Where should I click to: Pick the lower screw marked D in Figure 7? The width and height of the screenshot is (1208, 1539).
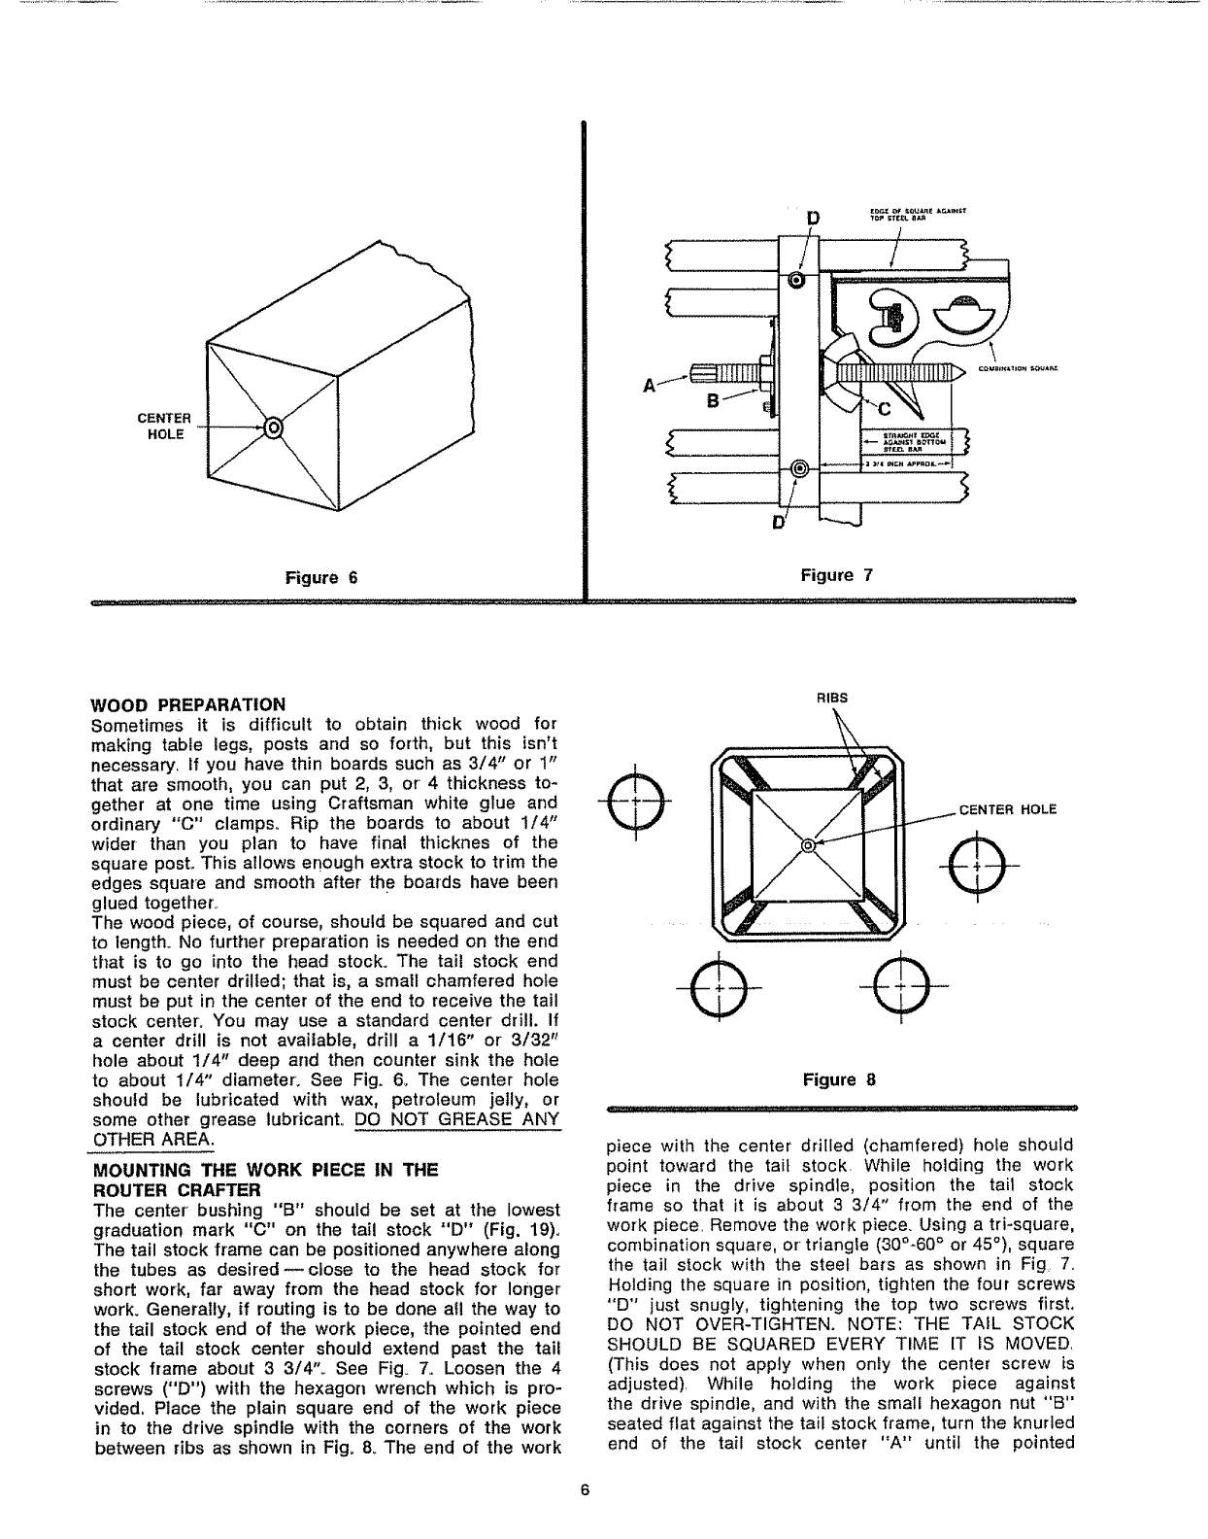[799, 469]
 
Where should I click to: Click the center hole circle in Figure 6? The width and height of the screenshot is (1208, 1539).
[274, 427]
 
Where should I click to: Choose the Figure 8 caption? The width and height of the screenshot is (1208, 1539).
[839, 1078]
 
